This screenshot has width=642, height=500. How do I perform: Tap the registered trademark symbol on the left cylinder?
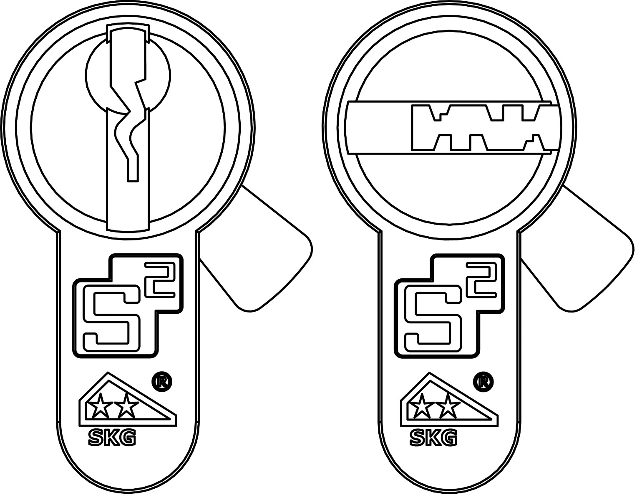[161, 382]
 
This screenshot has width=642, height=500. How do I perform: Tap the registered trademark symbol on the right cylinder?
[483, 382]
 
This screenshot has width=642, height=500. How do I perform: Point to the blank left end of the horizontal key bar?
[379, 127]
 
